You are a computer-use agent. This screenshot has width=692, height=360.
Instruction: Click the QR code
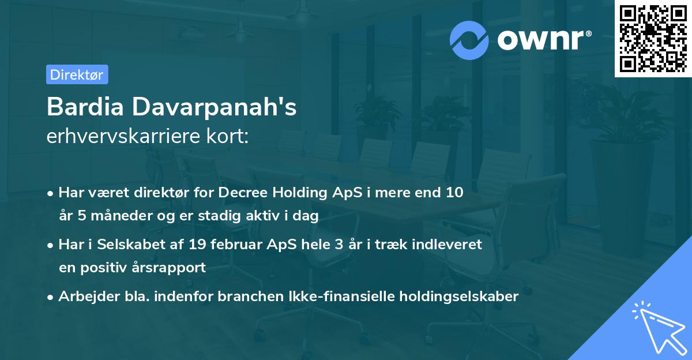[653, 38]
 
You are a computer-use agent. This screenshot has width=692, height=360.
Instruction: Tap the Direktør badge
[77, 74]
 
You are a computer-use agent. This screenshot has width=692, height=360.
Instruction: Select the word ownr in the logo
[543, 40]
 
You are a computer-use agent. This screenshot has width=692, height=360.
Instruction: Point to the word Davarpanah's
[215, 108]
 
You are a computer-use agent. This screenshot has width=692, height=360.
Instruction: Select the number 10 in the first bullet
[454, 193]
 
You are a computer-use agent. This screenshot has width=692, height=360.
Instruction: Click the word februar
[234, 245]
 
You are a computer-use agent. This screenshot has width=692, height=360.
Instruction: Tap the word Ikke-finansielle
[352, 297]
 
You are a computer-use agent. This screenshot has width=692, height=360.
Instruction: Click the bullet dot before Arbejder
[51, 297]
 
